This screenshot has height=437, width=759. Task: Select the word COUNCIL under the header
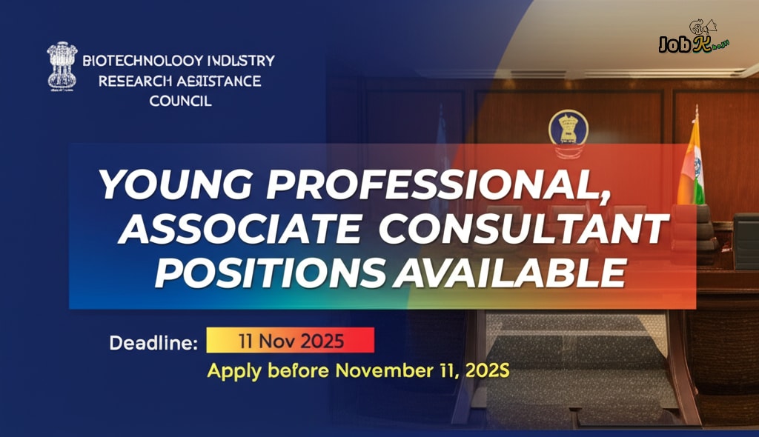click(x=180, y=101)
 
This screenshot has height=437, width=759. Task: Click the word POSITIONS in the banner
click(x=271, y=273)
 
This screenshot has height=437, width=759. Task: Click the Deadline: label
click(x=153, y=343)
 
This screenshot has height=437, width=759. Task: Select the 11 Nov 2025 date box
click(x=290, y=341)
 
